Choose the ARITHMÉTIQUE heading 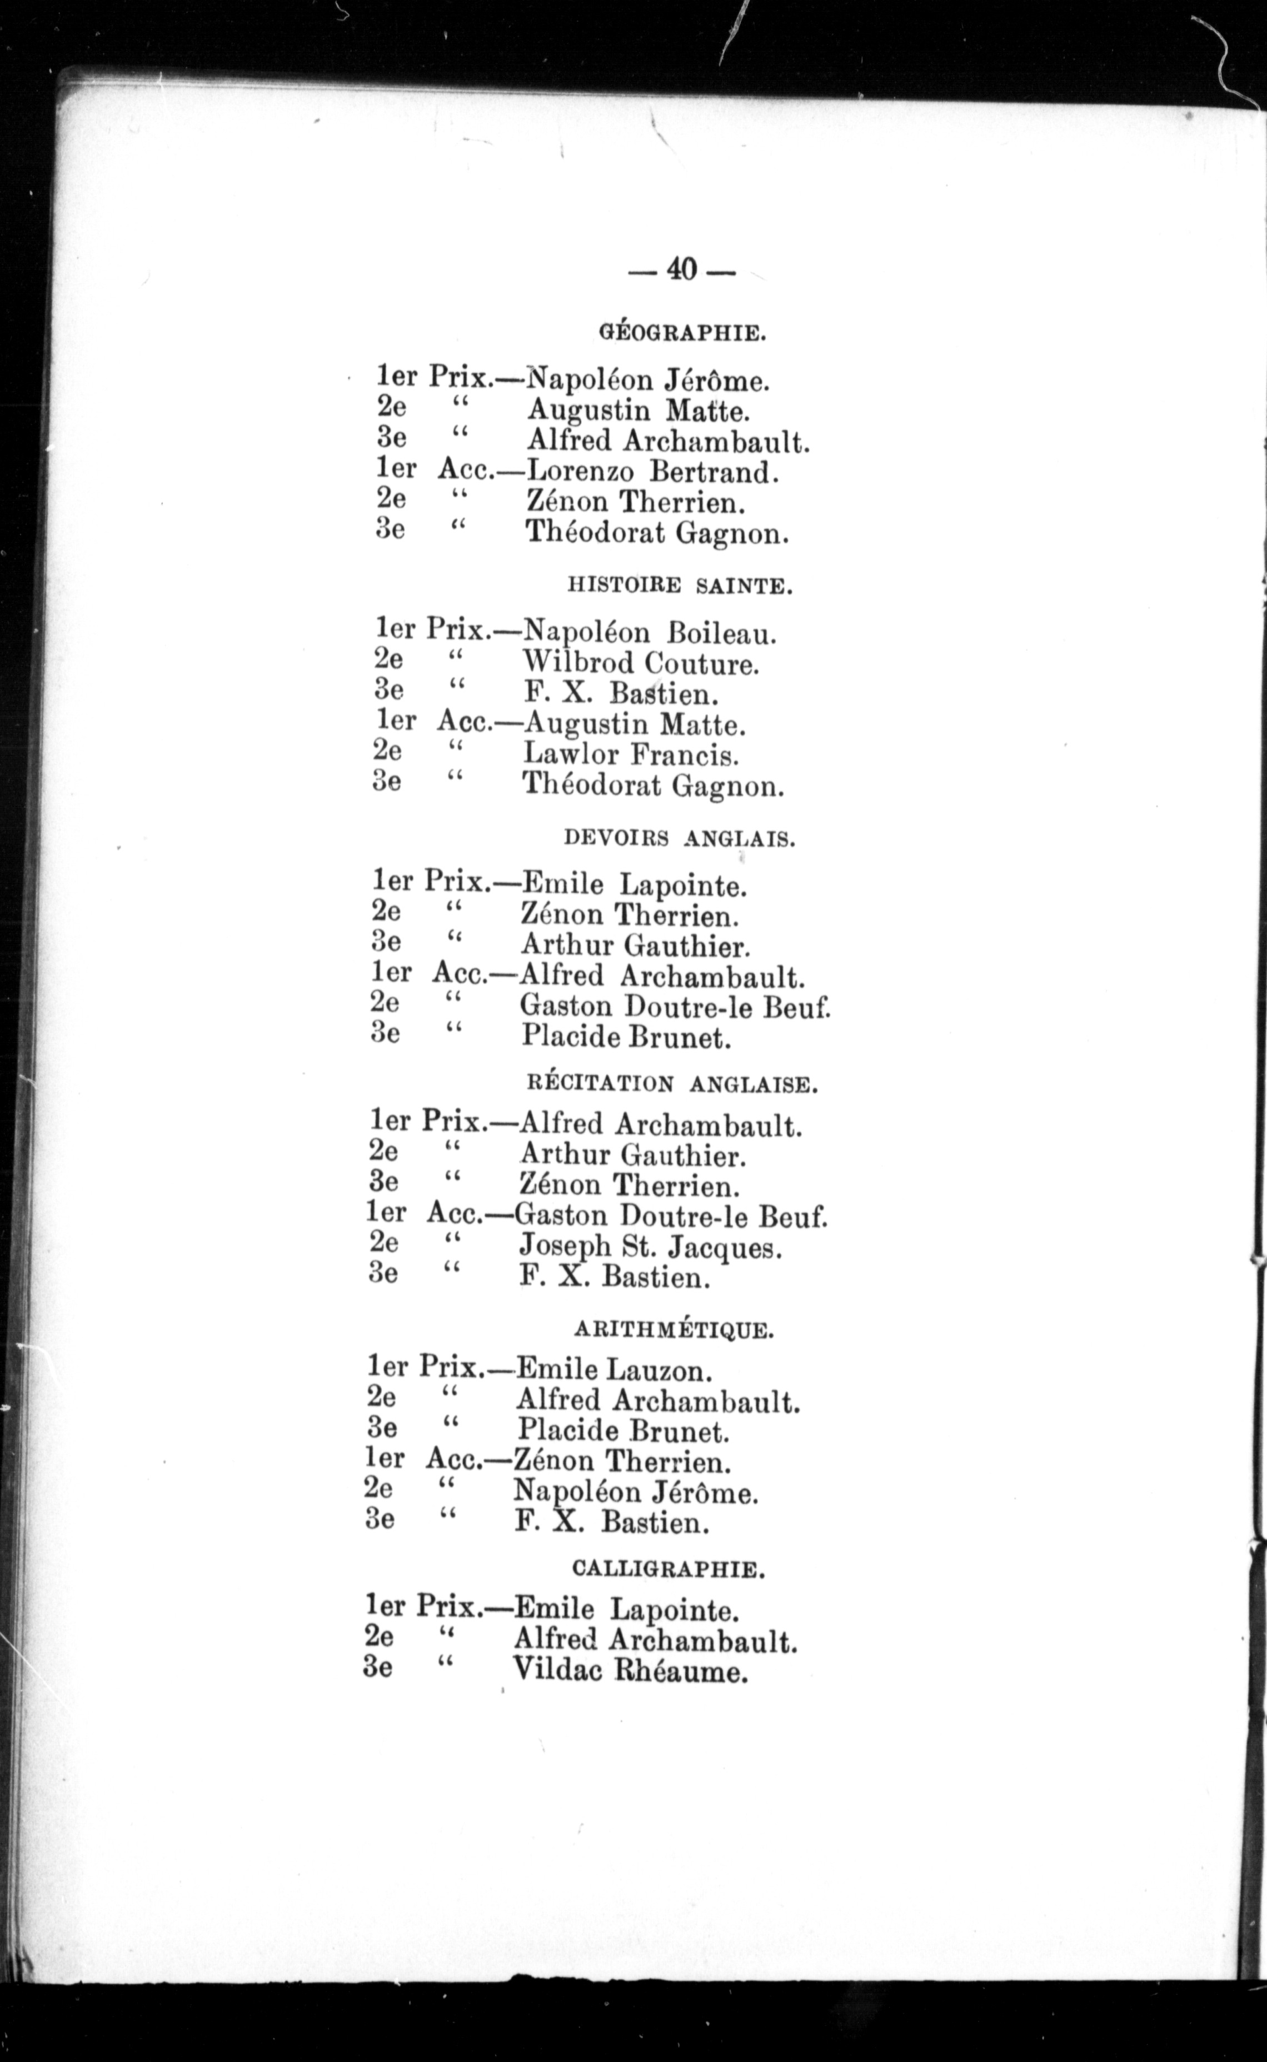(x=674, y=1330)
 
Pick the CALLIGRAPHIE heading (x=668, y=1569)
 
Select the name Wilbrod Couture (x=641, y=664)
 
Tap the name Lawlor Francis (x=631, y=755)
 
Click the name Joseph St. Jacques (x=650, y=1248)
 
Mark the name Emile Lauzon (x=613, y=1370)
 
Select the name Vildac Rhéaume (x=629, y=1671)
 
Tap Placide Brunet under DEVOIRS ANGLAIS (x=626, y=1038)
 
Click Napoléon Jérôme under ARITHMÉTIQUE (x=635, y=1493)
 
